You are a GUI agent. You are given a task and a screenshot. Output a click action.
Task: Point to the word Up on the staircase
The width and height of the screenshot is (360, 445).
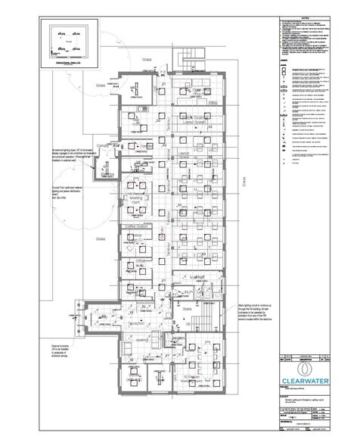click(187, 322)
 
